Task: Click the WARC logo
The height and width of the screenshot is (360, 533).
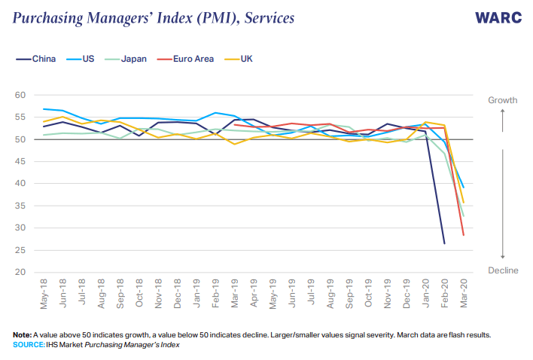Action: point(498,17)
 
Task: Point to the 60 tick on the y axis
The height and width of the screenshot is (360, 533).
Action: point(20,96)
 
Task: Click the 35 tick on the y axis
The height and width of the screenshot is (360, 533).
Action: point(20,206)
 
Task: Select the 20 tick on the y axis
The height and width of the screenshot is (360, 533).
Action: point(20,272)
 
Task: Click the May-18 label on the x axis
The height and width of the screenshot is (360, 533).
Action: point(44,294)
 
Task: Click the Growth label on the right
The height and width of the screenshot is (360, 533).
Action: point(503,99)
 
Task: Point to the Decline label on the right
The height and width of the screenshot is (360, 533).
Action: point(503,270)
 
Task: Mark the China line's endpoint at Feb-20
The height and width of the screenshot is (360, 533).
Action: point(444,243)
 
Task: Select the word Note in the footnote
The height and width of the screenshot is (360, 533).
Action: point(22,334)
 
